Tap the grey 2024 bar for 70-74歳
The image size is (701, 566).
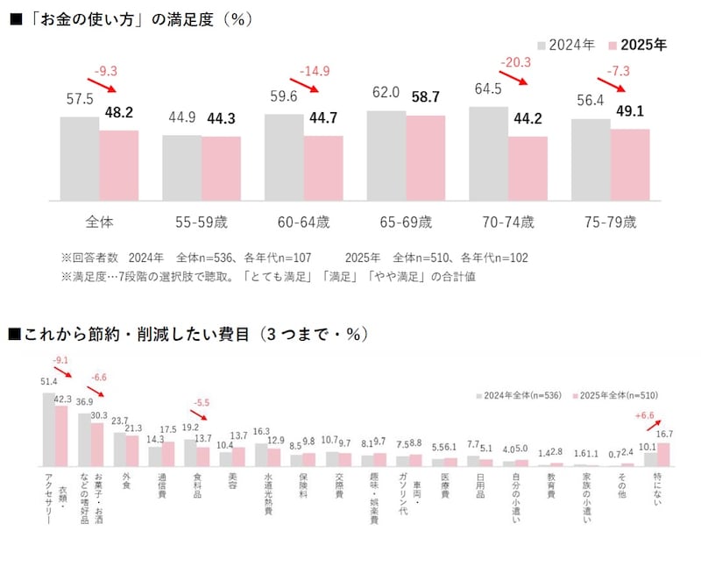pos(488,153)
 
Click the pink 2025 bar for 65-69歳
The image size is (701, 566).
pos(425,158)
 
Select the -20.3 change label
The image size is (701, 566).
pos(517,62)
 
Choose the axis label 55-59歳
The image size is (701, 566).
pos(201,222)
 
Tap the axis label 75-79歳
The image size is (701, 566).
pos(610,222)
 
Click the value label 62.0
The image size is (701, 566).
pos(385,92)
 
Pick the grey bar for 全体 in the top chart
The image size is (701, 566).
pos(79,159)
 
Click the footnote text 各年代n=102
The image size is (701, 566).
pos(492,258)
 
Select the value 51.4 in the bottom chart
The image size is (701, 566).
pos(49,382)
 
